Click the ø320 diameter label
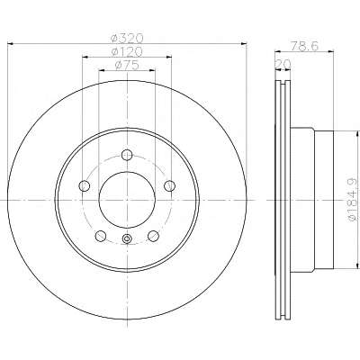coord(127,38)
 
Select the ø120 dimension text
coord(127,51)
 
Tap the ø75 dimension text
coord(127,65)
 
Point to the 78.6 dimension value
coord(304,46)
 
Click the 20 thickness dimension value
coord(283,64)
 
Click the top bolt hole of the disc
coord(127,155)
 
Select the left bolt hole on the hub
coord(85,186)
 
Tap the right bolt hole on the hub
coord(169,185)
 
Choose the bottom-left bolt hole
coord(101,236)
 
